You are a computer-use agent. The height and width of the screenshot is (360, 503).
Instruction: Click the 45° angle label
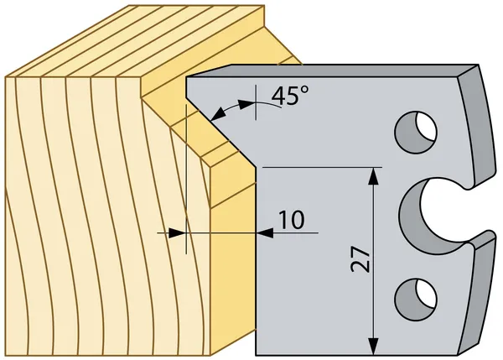coord(290,95)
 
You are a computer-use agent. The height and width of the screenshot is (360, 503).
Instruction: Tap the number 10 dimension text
coord(291,220)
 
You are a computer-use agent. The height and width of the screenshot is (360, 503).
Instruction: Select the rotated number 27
coord(360,259)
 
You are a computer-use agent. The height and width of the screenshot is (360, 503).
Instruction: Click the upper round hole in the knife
coord(416,132)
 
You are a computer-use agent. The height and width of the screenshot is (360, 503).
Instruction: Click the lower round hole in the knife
coord(416,300)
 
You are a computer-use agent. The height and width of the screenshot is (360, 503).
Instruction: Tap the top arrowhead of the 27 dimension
coord(373,176)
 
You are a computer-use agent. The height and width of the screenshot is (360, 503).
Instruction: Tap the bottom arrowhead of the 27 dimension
coord(373,347)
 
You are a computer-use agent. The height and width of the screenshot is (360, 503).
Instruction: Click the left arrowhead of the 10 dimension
coord(177,233)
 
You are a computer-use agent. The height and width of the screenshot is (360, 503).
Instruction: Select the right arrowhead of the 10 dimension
coord(265,233)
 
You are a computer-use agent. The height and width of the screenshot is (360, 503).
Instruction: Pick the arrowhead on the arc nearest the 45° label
coord(246,104)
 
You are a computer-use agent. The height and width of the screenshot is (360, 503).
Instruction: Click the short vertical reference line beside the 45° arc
coord(256,102)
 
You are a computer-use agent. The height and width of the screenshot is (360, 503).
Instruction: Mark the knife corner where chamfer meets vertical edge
coord(256,167)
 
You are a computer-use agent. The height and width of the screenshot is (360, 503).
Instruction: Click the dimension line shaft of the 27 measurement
coord(373,261)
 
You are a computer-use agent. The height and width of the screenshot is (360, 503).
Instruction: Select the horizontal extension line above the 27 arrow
coord(322,167)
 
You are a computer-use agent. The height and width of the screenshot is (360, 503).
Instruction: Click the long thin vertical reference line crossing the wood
coord(186,179)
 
